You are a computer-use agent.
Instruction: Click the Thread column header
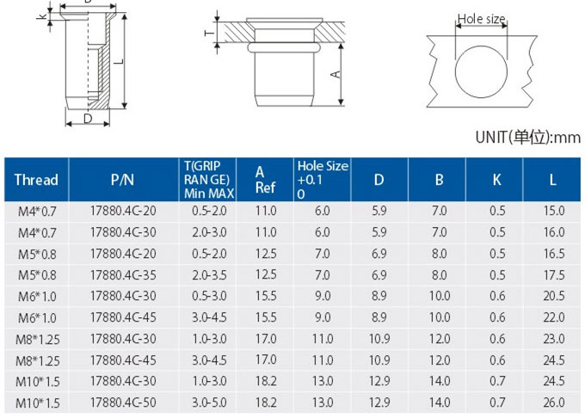pyautogui.click(x=36, y=180)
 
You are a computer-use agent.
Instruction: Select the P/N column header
pyautogui.click(x=122, y=180)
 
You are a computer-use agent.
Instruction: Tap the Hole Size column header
pyautogui.click(x=323, y=180)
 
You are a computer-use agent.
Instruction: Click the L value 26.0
pyautogui.click(x=554, y=403)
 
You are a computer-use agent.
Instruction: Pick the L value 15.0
pyautogui.click(x=554, y=211)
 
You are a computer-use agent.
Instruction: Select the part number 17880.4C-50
pyautogui.click(x=123, y=403)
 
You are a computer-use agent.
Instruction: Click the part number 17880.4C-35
pyautogui.click(x=123, y=275)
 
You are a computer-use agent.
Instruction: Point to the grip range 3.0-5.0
pyautogui.click(x=209, y=403)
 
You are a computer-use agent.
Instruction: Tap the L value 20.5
pyautogui.click(x=554, y=296)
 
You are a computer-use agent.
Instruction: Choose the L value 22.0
pyautogui.click(x=554, y=317)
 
